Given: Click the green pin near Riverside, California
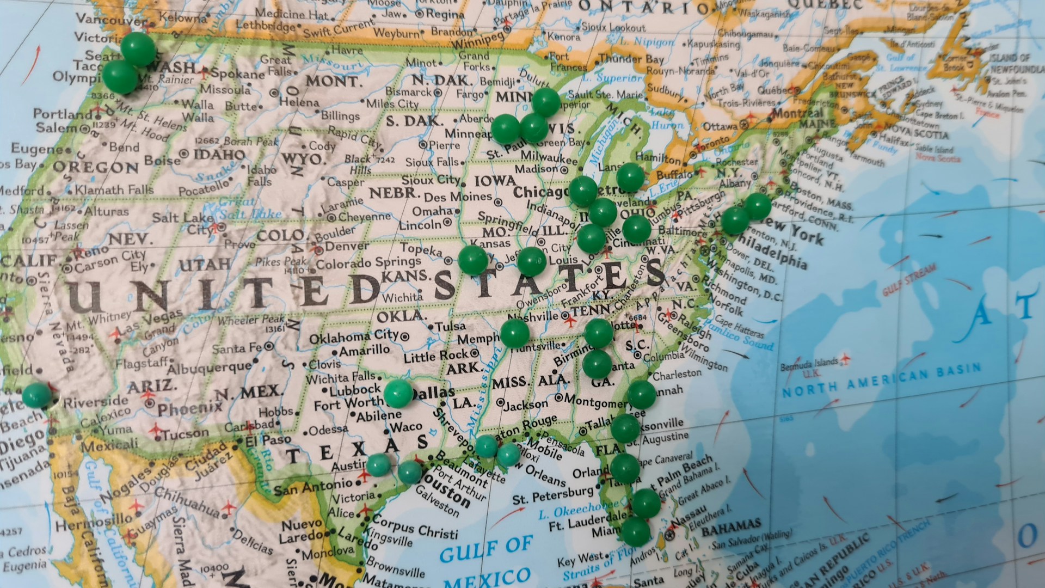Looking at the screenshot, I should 36,395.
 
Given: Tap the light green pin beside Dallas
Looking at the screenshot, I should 398,394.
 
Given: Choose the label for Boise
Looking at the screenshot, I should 162,161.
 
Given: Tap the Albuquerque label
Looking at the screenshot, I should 209,367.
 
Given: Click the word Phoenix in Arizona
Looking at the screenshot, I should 190,407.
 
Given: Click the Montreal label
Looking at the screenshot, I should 797,114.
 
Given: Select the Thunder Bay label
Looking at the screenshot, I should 631,58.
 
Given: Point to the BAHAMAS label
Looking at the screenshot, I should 730,527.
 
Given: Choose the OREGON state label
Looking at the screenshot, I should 95,167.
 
